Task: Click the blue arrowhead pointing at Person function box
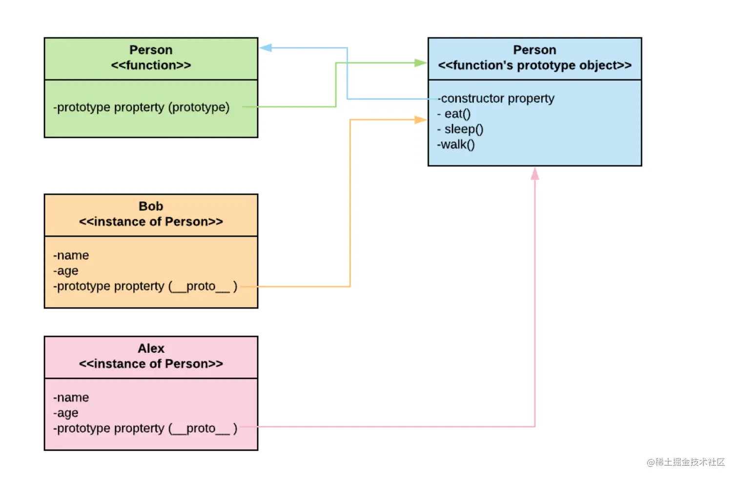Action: (266, 48)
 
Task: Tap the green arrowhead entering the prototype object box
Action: (420, 63)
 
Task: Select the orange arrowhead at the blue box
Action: (420, 120)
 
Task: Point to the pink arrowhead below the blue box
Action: (535, 174)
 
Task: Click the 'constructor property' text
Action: (497, 99)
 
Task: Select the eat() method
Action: (454, 114)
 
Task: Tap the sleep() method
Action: (461, 129)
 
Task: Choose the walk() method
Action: (456, 145)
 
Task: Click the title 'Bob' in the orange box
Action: (151, 207)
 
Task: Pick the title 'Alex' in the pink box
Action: (151, 349)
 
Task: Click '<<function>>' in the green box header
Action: (151, 65)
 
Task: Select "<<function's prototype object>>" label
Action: (534, 65)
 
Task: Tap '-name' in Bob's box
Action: (71, 255)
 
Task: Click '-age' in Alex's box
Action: (66, 413)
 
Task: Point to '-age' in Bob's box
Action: (66, 271)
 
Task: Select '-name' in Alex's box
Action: (71, 397)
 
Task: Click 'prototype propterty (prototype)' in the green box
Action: (142, 107)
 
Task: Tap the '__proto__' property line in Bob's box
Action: (145, 286)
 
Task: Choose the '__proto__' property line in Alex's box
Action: (145, 428)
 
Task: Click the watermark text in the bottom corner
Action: (686, 462)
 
